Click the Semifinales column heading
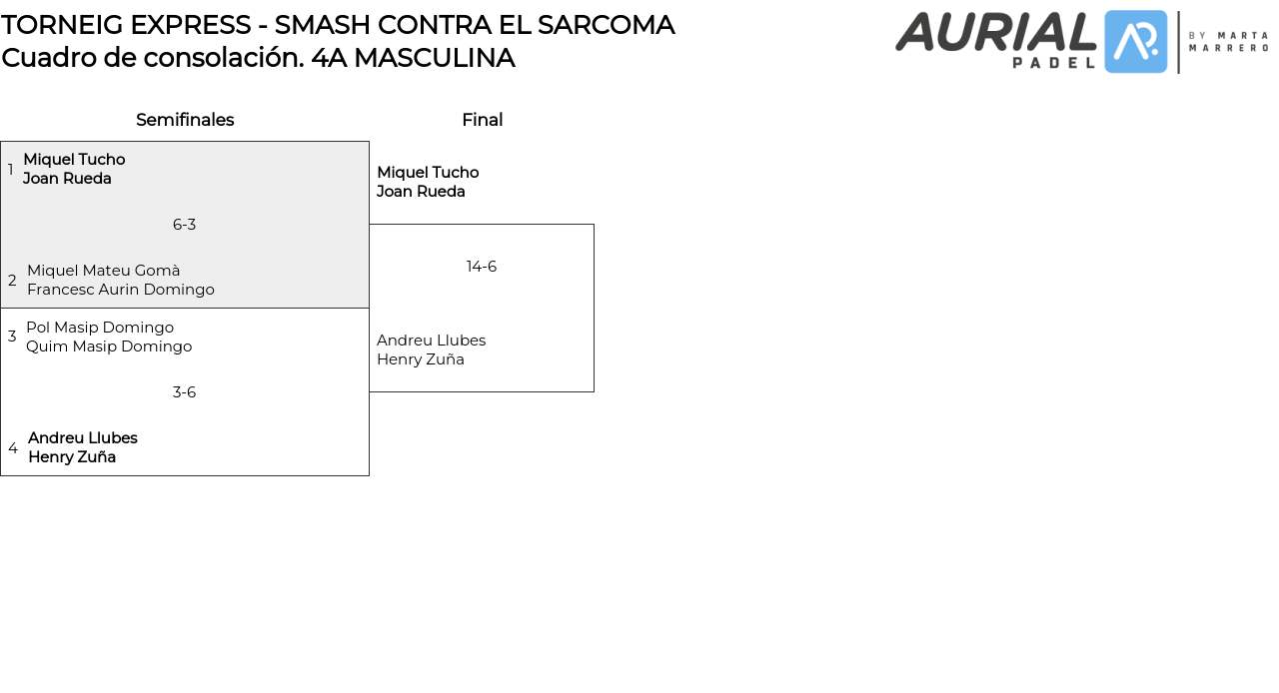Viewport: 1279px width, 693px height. click(185, 120)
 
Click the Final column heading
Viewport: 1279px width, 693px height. click(482, 120)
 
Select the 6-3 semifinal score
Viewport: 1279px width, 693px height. click(184, 225)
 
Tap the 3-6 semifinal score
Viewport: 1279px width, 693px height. click(184, 392)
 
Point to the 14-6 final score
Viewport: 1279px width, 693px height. click(482, 267)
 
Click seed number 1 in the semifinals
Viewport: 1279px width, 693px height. click(11, 170)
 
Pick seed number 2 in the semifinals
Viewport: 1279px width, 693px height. click(12, 281)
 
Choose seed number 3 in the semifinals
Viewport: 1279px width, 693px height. click(12, 337)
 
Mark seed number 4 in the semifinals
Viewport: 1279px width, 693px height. click(13, 448)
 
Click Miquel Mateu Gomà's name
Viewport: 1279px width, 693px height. click(104, 271)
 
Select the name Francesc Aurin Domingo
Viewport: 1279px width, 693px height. click(121, 290)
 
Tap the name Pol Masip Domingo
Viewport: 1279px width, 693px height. click(100, 328)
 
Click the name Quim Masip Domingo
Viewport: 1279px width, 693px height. click(109, 346)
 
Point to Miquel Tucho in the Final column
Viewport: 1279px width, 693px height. click(428, 173)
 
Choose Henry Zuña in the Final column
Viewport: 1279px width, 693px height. click(421, 359)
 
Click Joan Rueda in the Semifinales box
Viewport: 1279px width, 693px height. click(67, 179)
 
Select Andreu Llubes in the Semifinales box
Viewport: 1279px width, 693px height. click(83, 438)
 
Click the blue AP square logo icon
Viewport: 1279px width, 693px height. click(1136, 42)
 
